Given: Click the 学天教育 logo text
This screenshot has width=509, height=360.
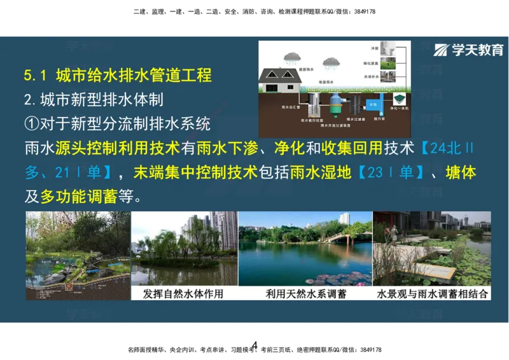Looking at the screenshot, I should (477, 50).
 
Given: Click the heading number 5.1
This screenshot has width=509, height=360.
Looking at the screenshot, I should (36, 75).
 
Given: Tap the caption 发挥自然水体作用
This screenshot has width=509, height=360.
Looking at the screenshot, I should (184, 294).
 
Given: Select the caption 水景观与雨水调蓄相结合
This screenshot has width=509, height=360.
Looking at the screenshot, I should (432, 294).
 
